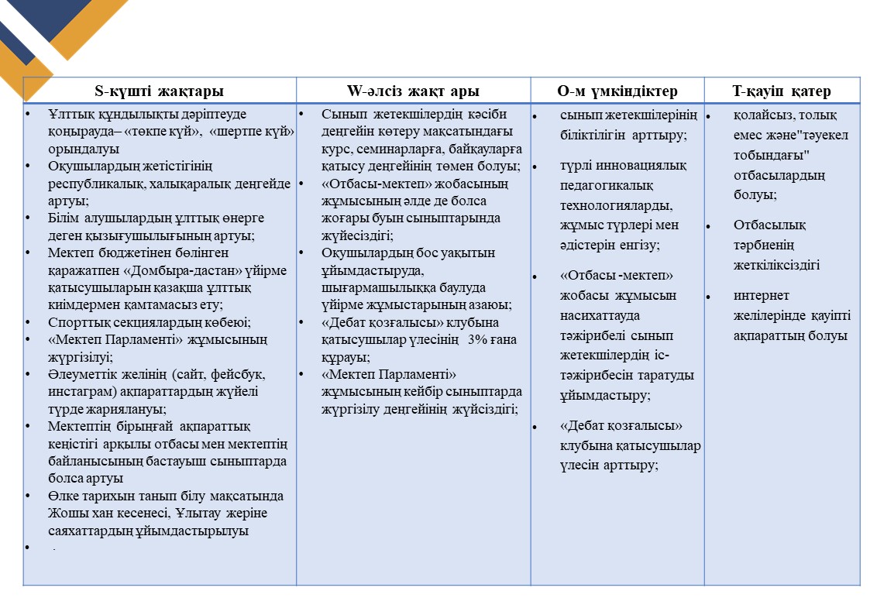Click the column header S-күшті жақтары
coord(159,91)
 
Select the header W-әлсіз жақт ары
coord(413,91)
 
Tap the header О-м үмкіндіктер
coord(617,91)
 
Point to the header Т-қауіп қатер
coord(782,91)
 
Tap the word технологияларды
coord(616,206)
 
